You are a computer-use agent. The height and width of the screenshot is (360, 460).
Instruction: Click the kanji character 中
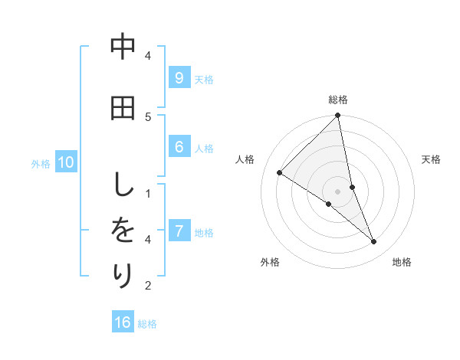coord(123,47)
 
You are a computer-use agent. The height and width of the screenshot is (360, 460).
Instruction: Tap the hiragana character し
coord(123,185)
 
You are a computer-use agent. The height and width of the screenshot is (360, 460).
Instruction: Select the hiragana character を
coord(123,231)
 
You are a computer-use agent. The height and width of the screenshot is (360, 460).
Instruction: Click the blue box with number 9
coord(179,77)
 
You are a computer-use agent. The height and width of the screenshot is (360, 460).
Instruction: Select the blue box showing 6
coord(179,147)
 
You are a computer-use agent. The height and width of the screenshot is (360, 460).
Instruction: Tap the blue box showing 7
coord(179,231)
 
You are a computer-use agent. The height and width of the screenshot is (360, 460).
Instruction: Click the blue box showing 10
coord(65,162)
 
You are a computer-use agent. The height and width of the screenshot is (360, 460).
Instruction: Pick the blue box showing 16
coord(123,322)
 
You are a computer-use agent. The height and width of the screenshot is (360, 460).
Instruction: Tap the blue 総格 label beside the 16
coord(147,324)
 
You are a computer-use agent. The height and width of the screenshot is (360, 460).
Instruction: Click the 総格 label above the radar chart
coord(338,100)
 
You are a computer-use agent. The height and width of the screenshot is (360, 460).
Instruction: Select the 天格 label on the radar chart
coord(431,159)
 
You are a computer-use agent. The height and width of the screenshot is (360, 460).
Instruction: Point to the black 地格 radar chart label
coord(402,262)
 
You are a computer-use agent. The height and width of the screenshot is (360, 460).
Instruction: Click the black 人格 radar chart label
coord(245,159)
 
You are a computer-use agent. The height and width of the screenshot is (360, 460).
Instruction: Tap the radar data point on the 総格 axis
coord(338,116)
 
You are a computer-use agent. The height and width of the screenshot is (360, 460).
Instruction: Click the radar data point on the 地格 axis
coord(374,242)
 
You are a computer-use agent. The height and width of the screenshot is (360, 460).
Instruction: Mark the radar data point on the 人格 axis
coord(279,172)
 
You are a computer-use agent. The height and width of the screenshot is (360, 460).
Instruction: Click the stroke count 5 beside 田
coord(148,116)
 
